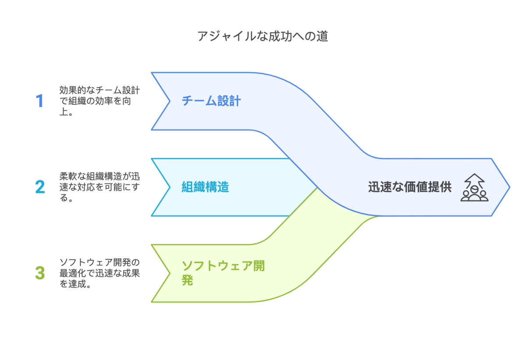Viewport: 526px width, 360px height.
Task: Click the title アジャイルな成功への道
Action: point(263,36)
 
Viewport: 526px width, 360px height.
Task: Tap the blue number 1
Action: point(40,101)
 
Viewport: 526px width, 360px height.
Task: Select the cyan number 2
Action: point(40,187)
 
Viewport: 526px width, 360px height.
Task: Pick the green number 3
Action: point(40,273)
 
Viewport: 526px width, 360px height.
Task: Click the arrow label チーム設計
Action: point(211,101)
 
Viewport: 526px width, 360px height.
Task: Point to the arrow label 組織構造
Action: point(205,187)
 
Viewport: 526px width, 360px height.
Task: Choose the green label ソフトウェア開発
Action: point(223,273)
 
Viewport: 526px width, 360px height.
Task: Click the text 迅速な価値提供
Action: point(410,187)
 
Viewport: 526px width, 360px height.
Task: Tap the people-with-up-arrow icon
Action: point(474,187)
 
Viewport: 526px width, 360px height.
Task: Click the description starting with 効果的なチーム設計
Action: point(100,101)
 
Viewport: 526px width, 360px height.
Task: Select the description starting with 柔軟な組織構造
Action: point(100,187)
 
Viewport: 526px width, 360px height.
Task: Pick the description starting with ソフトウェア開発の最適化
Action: point(100,273)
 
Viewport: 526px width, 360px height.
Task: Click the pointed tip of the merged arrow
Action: point(510,187)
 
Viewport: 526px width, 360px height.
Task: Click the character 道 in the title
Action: point(322,36)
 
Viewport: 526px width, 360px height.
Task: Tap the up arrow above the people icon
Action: point(474,180)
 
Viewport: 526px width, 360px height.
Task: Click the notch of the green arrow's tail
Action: point(170,273)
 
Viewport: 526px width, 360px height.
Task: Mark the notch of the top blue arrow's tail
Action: point(170,101)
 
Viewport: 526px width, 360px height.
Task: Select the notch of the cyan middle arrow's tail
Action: point(170,187)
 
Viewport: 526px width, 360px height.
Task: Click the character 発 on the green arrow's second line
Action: point(188,280)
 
